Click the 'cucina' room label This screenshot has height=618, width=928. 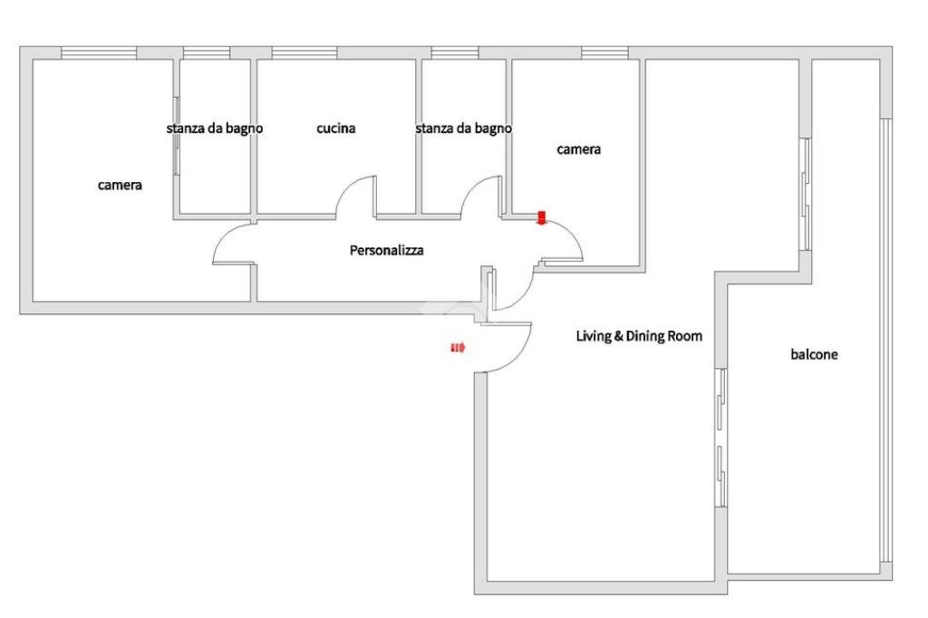click(x=335, y=128)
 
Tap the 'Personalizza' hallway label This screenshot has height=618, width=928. click(x=386, y=250)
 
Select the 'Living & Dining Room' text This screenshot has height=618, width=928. click(x=639, y=336)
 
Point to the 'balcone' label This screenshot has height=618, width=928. click(x=814, y=354)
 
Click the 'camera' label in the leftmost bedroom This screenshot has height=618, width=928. click(x=120, y=185)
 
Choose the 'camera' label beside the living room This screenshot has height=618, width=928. click(x=578, y=150)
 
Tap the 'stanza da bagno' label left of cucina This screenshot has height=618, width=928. click(x=214, y=129)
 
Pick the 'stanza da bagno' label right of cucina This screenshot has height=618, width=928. click(x=463, y=129)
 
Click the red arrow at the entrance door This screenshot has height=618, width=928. click(x=458, y=347)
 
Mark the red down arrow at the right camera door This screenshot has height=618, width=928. click(x=541, y=217)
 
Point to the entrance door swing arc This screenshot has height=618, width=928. click(x=517, y=358)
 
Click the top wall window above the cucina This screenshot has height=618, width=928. click(x=304, y=53)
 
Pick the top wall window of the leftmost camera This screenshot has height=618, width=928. click(x=99, y=53)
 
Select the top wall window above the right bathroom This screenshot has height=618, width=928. click(x=455, y=53)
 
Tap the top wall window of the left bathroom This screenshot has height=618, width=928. click(x=207, y=53)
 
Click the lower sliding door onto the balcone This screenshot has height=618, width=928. click(x=720, y=438)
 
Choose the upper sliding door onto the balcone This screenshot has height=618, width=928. click(x=805, y=195)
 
